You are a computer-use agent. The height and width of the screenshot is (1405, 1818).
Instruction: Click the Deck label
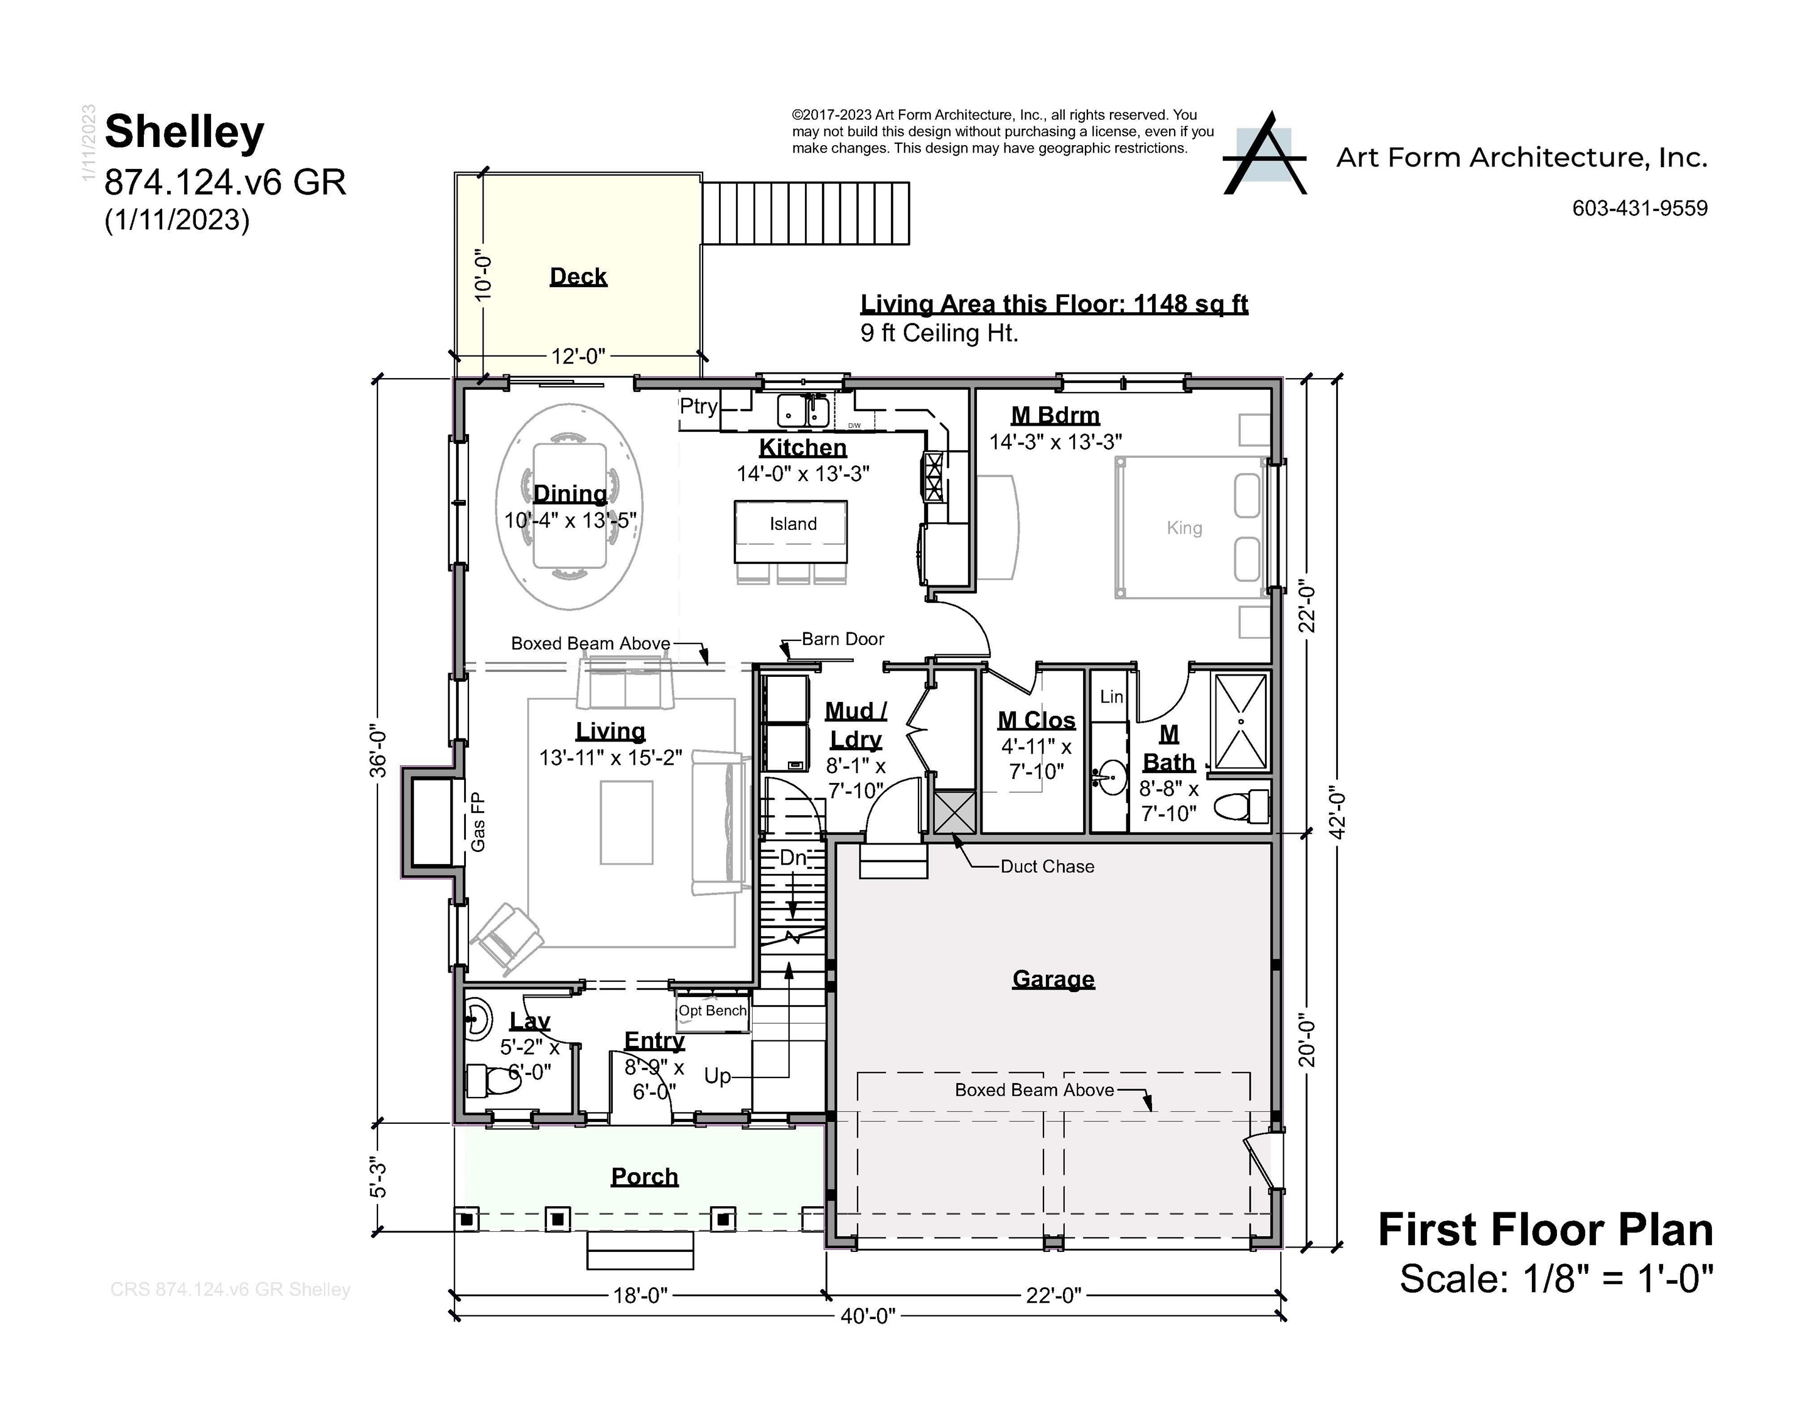(578, 276)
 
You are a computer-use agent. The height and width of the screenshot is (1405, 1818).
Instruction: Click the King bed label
(1184, 527)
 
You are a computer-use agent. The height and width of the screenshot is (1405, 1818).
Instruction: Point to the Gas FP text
(478, 823)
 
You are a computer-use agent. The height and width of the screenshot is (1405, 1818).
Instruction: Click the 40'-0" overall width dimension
(867, 1316)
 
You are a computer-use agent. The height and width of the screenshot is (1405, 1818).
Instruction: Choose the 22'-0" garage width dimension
(1053, 1295)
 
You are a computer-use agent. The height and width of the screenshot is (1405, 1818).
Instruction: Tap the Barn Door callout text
(842, 639)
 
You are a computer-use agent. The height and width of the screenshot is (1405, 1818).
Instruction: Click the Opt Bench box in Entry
(712, 1011)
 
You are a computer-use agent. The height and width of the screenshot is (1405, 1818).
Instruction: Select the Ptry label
(698, 406)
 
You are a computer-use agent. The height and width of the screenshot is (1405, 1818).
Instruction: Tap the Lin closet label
(1111, 696)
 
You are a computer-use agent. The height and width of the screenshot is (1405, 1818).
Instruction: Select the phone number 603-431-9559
(1639, 208)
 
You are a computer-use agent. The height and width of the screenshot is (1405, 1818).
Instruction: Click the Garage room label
(1053, 979)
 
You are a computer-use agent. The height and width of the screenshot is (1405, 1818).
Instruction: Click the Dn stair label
(792, 857)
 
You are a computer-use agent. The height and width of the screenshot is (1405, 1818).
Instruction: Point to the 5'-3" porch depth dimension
(379, 1177)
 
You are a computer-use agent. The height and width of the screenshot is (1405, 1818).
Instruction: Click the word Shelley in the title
(185, 132)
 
